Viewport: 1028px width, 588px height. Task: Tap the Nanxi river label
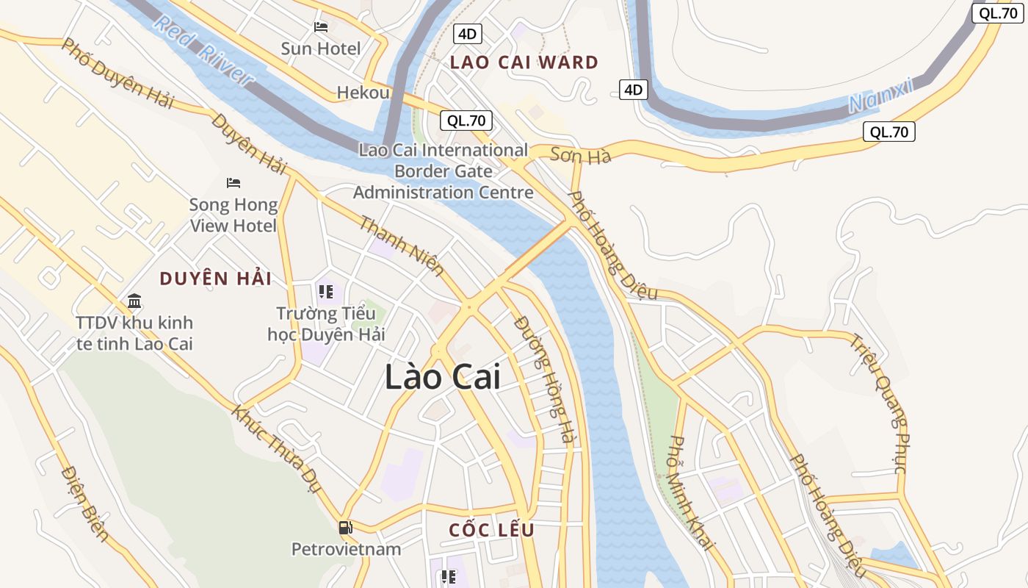(x=880, y=95)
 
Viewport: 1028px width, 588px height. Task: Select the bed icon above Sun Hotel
(x=321, y=27)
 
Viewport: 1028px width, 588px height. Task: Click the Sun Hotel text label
(x=321, y=49)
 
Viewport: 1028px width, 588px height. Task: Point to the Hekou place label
(x=363, y=93)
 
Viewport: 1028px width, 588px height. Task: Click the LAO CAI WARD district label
(x=524, y=62)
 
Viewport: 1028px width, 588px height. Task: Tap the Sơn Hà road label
(x=580, y=156)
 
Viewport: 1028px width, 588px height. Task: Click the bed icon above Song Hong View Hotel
(x=234, y=182)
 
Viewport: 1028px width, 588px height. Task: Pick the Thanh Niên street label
(x=401, y=245)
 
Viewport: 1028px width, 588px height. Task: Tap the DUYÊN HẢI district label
(x=216, y=279)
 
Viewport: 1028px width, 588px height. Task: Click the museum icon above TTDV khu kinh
(x=134, y=301)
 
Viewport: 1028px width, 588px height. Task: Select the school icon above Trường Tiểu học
(x=325, y=292)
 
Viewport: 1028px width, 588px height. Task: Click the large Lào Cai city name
(x=443, y=377)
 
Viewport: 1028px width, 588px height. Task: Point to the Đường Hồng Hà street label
(x=543, y=379)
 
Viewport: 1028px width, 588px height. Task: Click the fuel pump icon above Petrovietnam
(x=345, y=527)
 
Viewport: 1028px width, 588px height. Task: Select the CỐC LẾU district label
(x=491, y=530)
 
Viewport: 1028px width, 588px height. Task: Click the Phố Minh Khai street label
(x=691, y=492)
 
